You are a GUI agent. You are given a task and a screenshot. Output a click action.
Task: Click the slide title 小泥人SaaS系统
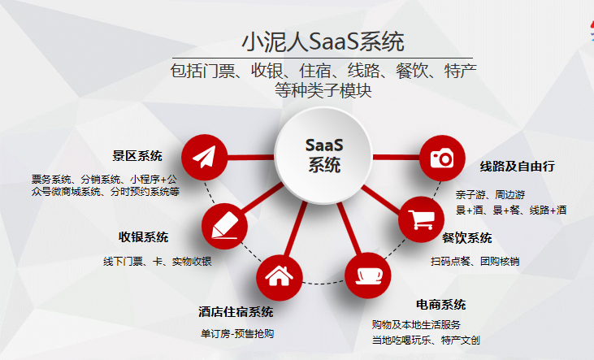click(x=323, y=40)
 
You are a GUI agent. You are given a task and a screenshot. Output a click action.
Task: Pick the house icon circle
click(x=280, y=276)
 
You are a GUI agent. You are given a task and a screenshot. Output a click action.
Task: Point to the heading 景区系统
click(x=137, y=156)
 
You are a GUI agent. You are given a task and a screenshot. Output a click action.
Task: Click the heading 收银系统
click(x=144, y=237)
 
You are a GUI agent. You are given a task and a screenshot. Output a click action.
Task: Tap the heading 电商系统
click(x=440, y=305)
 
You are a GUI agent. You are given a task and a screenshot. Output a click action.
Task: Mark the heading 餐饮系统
click(x=466, y=238)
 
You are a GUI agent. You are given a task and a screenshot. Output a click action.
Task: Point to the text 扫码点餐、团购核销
click(x=475, y=261)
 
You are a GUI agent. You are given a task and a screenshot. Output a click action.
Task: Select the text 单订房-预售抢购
click(x=236, y=333)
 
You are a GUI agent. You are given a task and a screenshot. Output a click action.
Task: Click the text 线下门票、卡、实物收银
click(x=157, y=261)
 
